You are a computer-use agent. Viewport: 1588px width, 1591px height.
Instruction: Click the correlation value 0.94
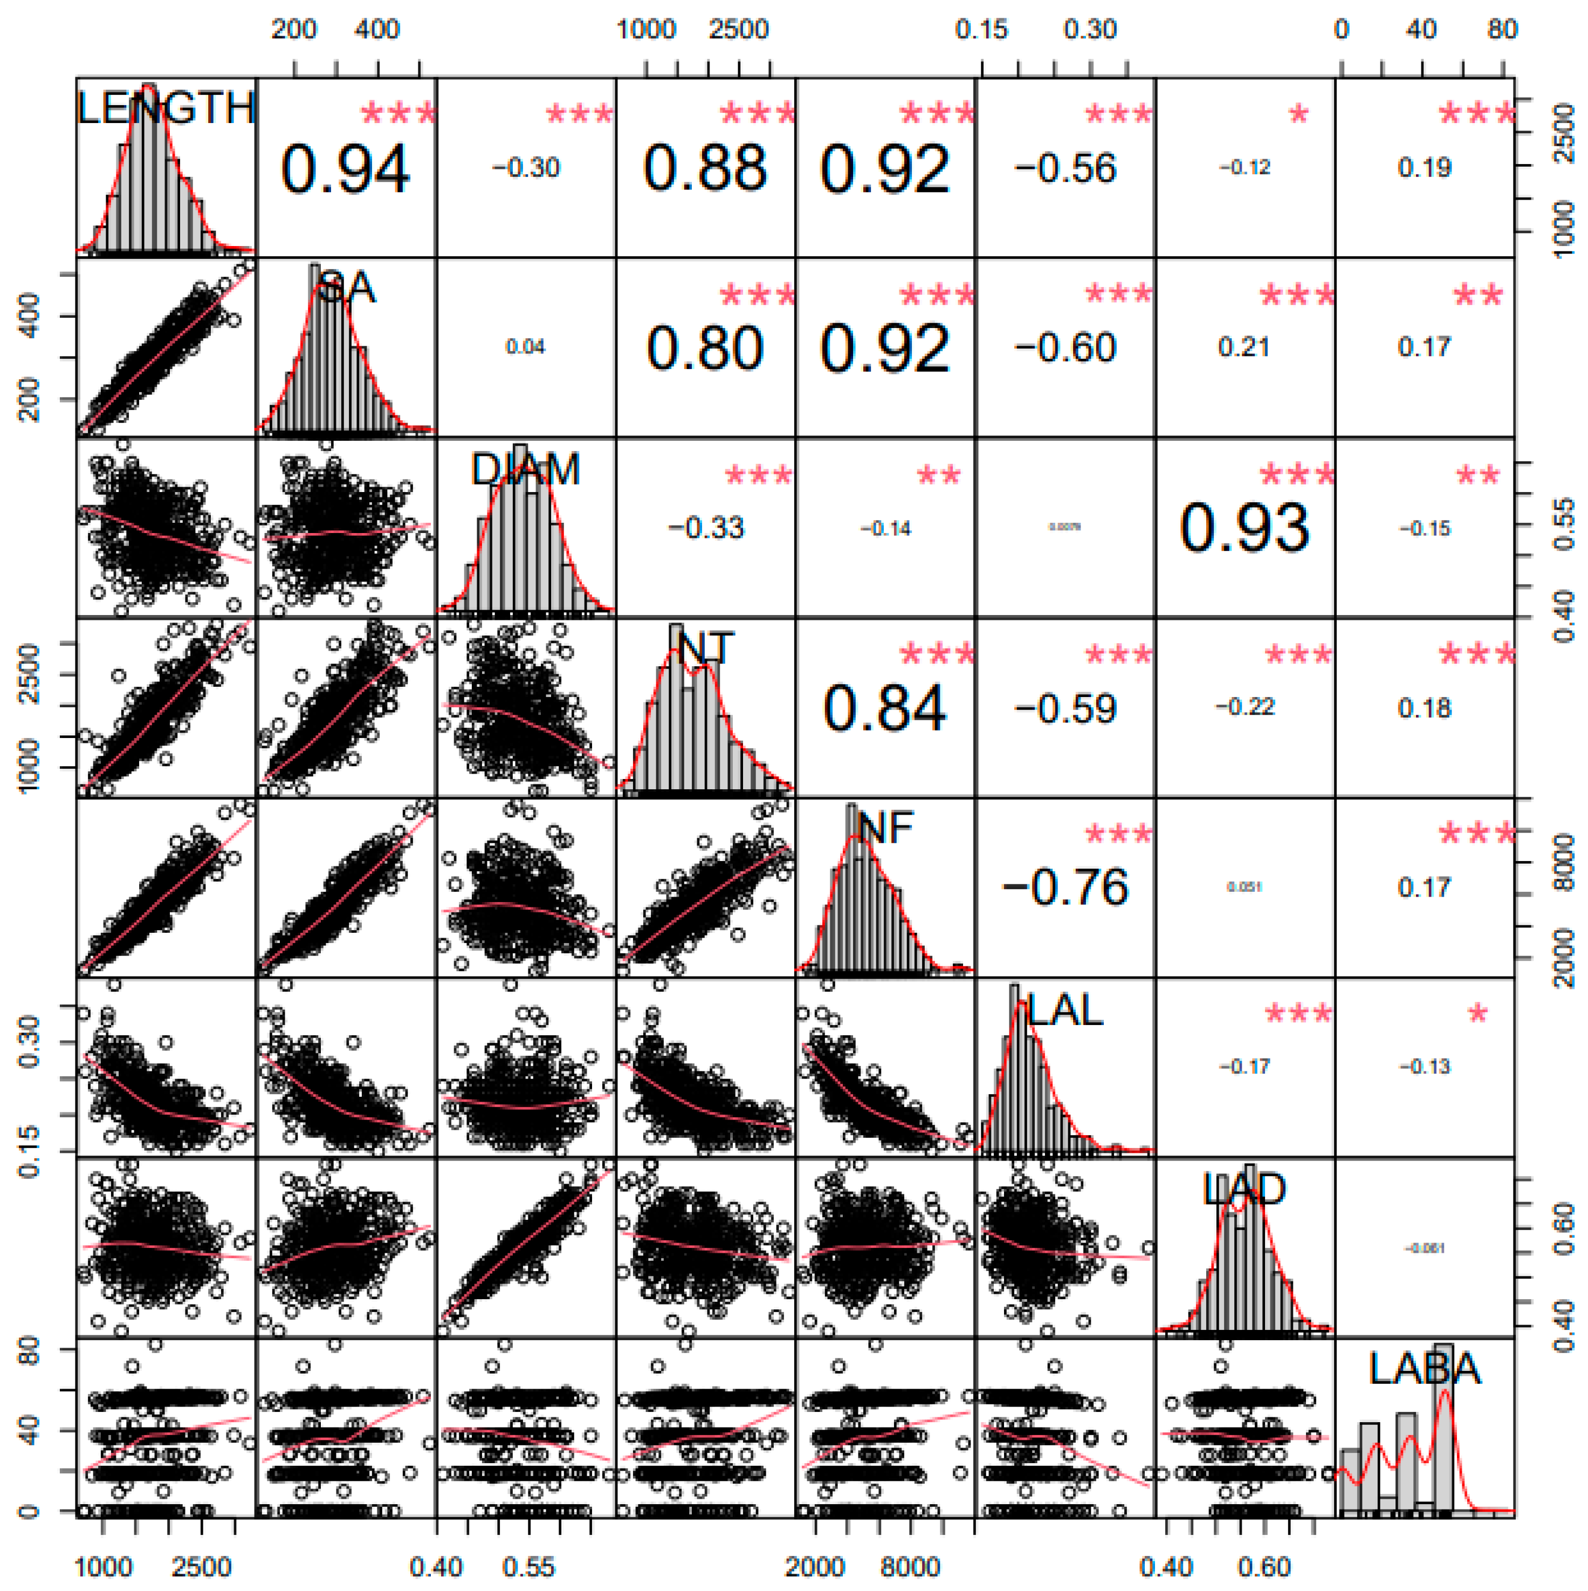[x=345, y=169]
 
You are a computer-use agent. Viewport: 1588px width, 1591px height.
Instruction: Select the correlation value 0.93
[x=1244, y=528]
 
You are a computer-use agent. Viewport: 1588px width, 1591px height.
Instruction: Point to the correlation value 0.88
[x=705, y=169]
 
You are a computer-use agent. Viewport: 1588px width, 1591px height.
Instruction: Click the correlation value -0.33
[x=705, y=528]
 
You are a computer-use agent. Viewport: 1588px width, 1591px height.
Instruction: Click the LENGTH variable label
[x=166, y=108]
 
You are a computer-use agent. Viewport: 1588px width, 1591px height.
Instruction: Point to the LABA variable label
[x=1424, y=1369]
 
